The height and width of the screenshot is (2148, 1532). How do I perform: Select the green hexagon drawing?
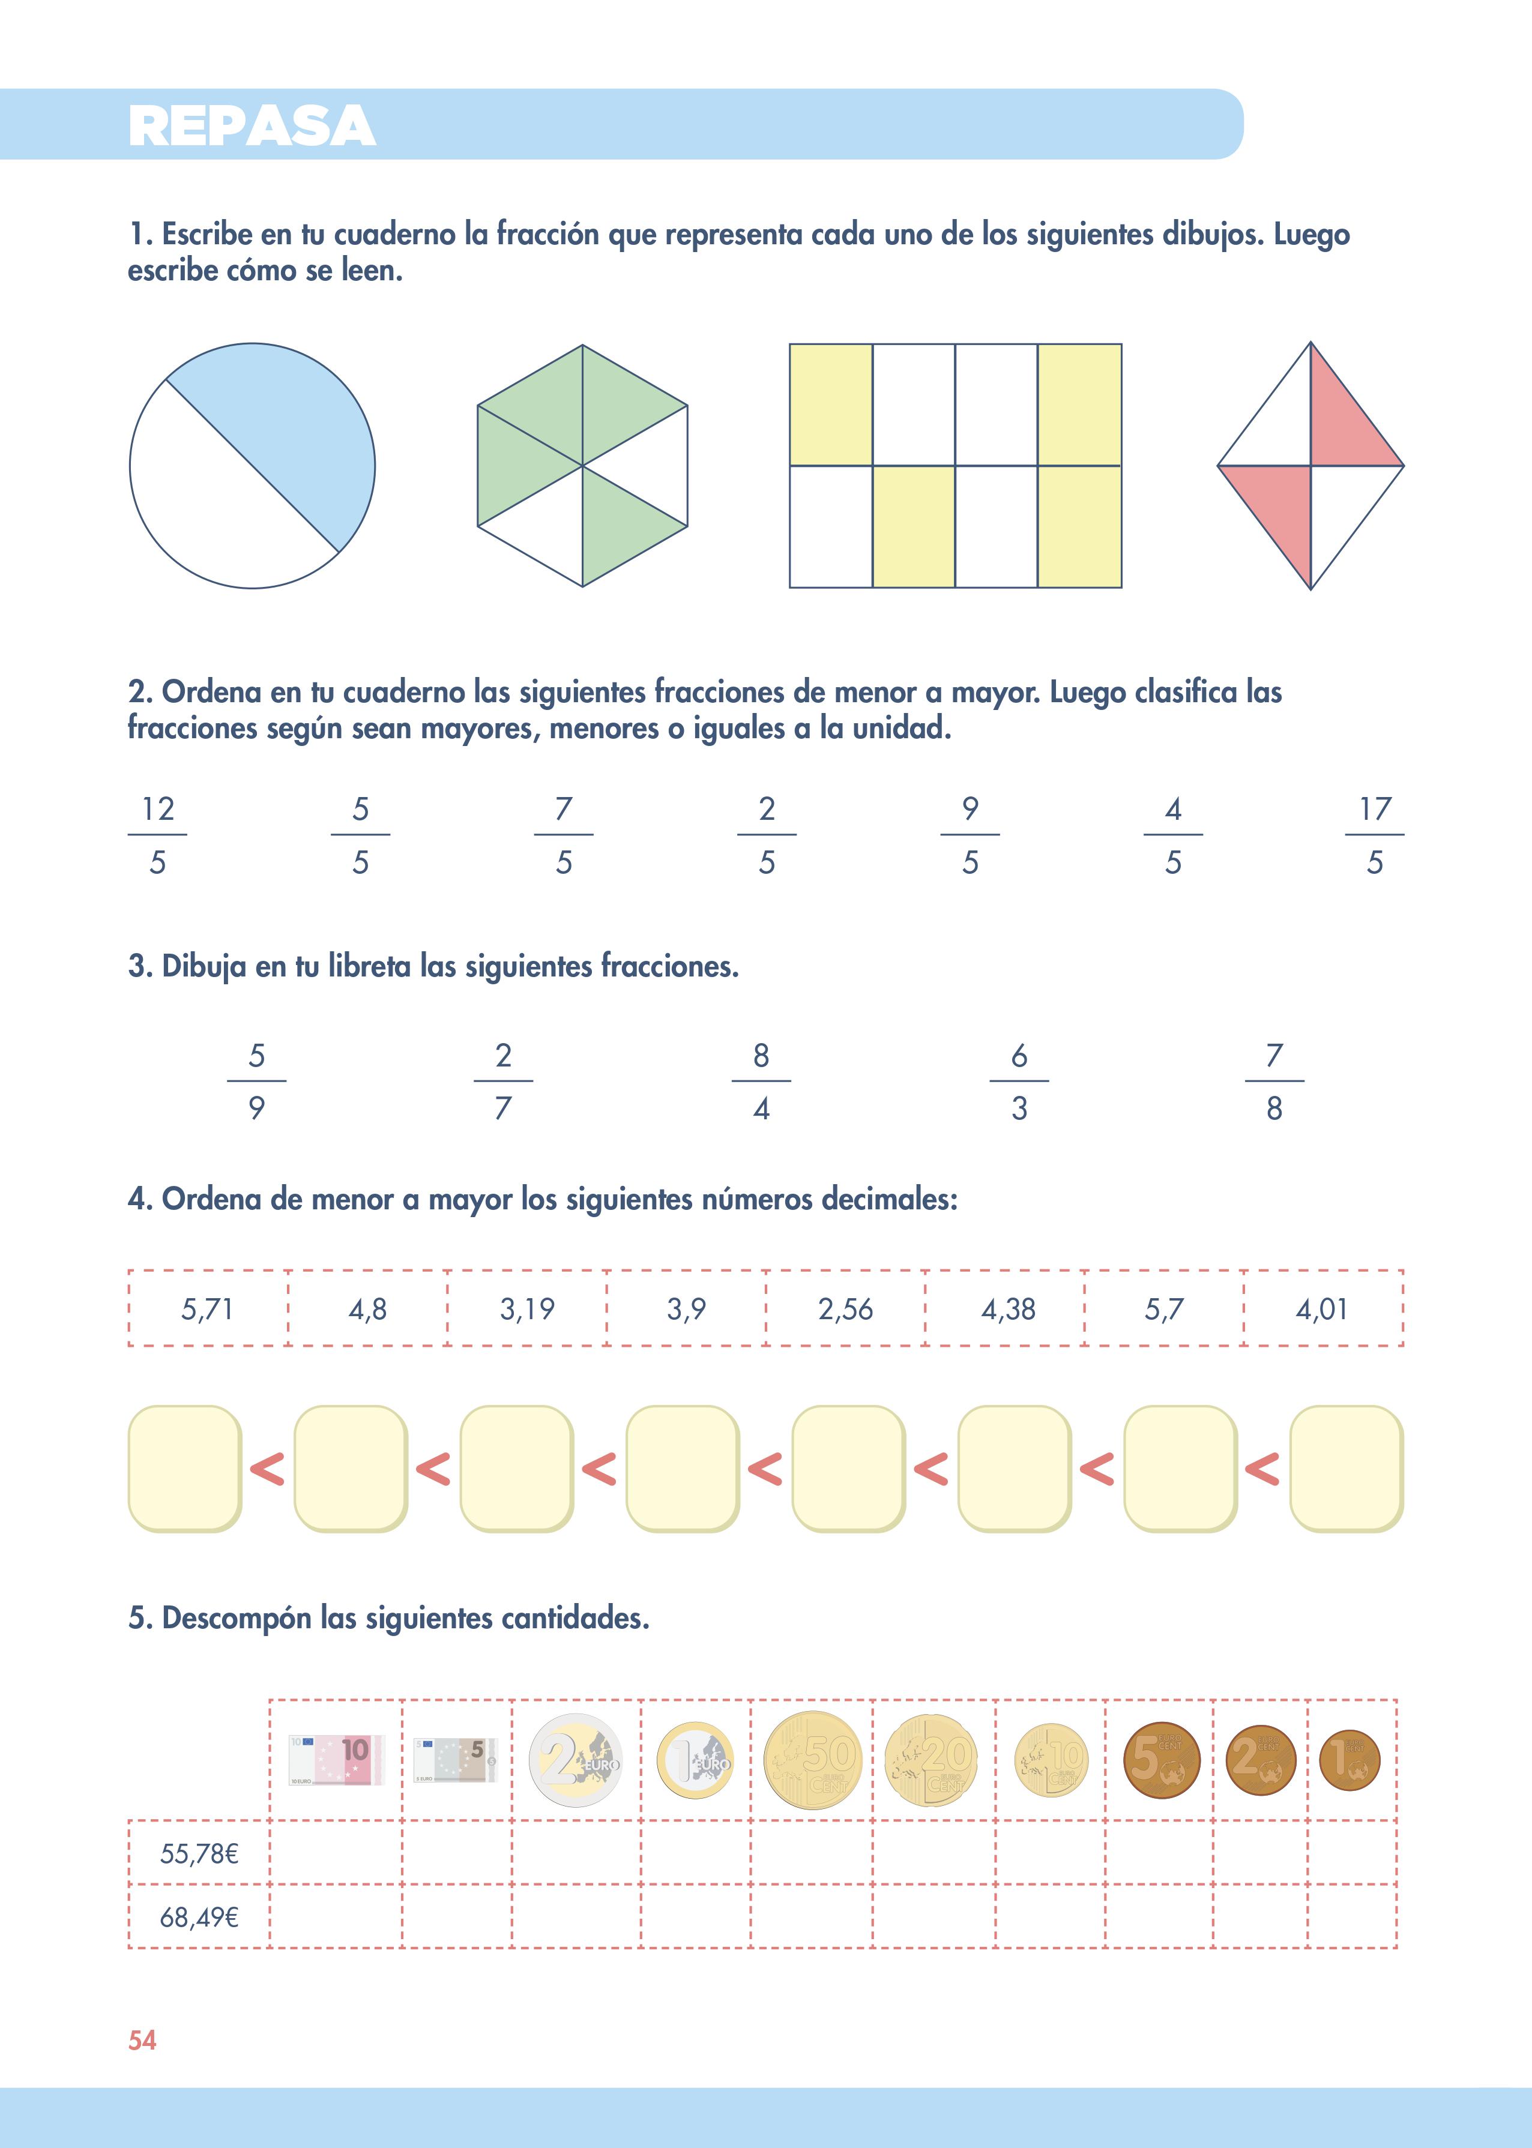582,466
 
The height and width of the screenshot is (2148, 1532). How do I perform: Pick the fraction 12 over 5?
157,835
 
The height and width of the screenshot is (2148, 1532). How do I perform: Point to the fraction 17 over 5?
1375,835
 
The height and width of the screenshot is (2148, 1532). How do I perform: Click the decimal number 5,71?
208,1309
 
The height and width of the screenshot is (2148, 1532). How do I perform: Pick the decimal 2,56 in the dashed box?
845,1309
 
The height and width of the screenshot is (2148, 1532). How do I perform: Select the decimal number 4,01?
1322,1309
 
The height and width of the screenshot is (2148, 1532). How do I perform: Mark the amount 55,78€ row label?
199,1854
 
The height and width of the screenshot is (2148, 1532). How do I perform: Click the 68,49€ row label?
199,1917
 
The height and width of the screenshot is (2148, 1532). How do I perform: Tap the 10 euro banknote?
336,1760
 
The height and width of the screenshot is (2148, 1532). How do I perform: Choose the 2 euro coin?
576,1760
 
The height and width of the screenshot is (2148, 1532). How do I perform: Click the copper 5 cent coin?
1161,1760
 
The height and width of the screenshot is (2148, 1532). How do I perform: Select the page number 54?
142,2041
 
